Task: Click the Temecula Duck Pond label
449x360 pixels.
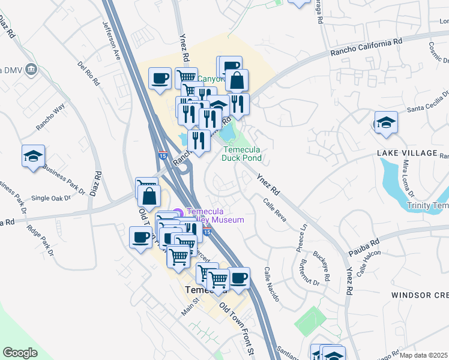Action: coord(242,154)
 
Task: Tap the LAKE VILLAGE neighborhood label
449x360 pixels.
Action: coord(408,153)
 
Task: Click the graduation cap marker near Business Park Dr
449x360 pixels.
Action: coord(33,157)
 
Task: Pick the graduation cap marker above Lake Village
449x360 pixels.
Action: coord(386,124)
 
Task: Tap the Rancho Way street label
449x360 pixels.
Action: coord(50,116)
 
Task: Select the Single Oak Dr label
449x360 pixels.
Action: coord(48,198)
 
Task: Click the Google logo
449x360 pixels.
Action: coord(20,352)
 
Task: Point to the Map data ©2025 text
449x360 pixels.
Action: coord(423,355)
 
